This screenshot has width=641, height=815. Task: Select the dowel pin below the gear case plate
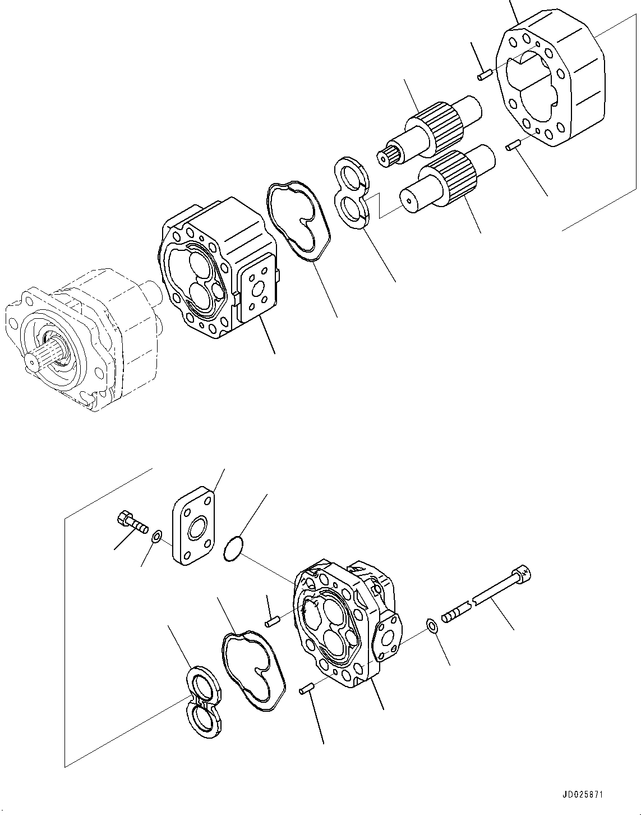511,146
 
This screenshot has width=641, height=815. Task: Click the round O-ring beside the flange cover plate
233,548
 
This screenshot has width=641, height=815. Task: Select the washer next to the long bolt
432,625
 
